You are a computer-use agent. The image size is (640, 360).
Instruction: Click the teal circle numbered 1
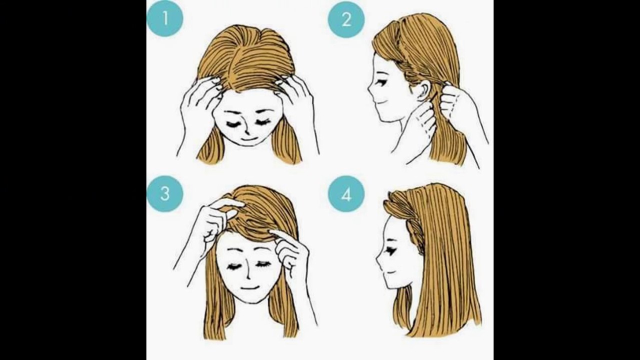[x=165, y=19]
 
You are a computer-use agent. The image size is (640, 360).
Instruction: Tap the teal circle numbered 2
[x=346, y=19]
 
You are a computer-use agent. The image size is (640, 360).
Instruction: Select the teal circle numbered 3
[x=165, y=193]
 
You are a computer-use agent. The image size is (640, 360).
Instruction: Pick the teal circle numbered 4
[x=346, y=194]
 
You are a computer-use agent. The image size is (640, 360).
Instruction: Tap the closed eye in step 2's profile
[x=381, y=82]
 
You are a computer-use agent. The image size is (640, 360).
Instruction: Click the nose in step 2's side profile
[x=369, y=91]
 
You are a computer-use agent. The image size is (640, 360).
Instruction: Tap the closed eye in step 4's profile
[x=390, y=251]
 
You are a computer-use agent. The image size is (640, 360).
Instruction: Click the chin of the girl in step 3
[x=251, y=300]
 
